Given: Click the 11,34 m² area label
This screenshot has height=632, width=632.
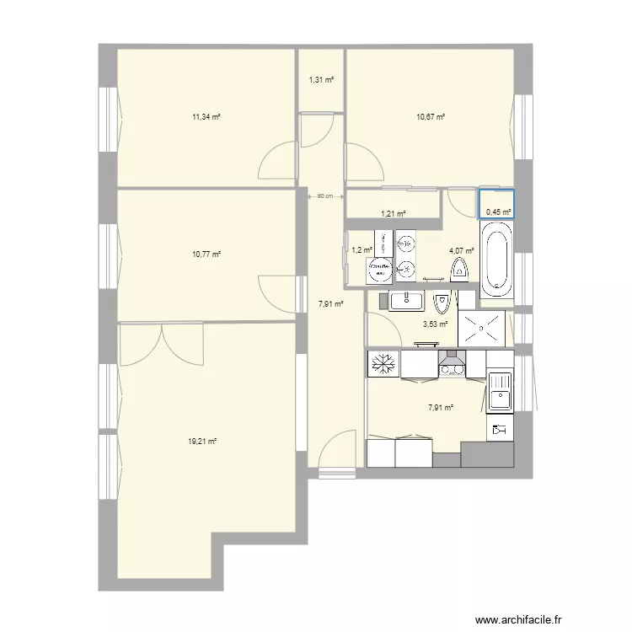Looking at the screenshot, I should click(206, 117).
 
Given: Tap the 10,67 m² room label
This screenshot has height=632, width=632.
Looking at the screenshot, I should click(430, 117).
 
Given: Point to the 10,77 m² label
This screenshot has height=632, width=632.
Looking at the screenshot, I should click(206, 254).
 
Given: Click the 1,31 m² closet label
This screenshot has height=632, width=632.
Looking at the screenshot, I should click(320, 80).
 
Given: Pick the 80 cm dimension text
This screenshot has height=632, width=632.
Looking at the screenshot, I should click(324, 195).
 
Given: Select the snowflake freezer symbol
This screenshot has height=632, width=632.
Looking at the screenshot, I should click(383, 364).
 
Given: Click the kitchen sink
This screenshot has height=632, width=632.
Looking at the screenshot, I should click(500, 391).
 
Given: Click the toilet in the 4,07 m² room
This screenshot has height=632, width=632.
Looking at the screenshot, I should click(459, 269).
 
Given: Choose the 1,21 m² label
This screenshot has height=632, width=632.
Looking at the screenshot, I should click(393, 214).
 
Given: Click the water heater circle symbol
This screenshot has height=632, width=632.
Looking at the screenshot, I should click(408, 243).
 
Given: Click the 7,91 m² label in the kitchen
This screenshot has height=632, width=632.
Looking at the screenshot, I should click(440, 408).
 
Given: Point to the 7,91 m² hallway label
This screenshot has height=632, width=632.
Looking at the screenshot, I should click(330, 304).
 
